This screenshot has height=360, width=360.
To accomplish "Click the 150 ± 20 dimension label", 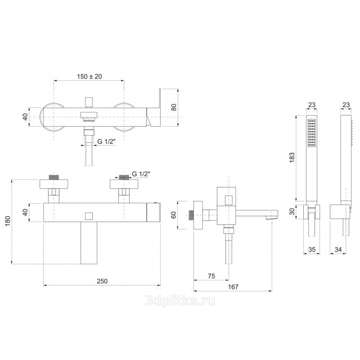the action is point(89,76).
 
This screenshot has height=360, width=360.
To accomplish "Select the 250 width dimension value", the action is point(102,281).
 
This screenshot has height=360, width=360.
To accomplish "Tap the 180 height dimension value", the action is point(8,221).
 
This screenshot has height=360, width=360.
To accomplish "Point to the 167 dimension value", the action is point(233,287).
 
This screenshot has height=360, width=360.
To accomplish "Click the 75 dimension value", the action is point(211,276).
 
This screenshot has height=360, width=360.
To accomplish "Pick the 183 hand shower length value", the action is point(292,158).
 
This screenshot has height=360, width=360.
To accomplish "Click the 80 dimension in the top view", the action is point(174,107).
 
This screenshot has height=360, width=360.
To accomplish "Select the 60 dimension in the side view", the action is point(174,215).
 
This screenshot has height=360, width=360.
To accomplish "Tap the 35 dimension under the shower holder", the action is point(312,249).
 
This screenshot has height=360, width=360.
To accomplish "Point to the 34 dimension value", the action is point(338,249).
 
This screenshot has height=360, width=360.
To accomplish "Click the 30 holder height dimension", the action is point(292,211).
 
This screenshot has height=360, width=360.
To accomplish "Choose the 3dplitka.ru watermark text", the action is point(180,301).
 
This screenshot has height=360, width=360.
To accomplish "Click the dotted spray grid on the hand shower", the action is point(311,133).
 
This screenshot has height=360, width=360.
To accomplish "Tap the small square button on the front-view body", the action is point(89,216).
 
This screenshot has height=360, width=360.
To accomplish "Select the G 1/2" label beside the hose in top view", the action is point(106,141).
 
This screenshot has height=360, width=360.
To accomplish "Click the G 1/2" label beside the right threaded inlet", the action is point(141,174).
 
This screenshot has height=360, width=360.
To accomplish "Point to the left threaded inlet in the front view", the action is point(54,177).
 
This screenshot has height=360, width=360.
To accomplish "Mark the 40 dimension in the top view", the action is point(26,117).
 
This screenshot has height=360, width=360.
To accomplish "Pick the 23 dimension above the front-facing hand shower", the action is point(311,105).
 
